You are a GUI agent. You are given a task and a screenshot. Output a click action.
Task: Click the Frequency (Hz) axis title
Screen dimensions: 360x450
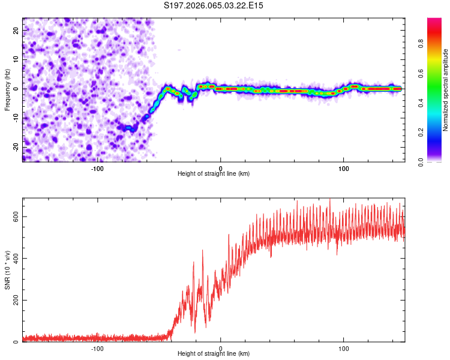point(7,89)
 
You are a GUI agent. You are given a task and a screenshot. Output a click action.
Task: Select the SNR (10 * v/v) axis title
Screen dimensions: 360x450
point(7,269)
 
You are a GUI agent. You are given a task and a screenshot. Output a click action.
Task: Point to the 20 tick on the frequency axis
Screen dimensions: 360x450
point(16,30)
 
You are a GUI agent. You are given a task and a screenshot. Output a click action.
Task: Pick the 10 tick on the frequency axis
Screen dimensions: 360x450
point(16,59)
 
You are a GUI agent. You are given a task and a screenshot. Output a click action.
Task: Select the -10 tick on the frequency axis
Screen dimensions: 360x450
point(15,118)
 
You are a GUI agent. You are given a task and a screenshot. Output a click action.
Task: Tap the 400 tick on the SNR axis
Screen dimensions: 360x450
point(14,259)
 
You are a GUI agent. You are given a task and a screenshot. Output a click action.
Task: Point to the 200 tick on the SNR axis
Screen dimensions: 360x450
point(14,301)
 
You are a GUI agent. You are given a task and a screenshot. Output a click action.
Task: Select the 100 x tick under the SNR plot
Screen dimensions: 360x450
point(344,348)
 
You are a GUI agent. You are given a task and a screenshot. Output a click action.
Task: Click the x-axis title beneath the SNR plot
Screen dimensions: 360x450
point(214,354)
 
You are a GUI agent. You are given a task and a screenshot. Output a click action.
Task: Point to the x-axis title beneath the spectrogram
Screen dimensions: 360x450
point(214,174)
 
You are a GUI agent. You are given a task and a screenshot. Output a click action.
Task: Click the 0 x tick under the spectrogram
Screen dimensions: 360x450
point(221,168)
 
